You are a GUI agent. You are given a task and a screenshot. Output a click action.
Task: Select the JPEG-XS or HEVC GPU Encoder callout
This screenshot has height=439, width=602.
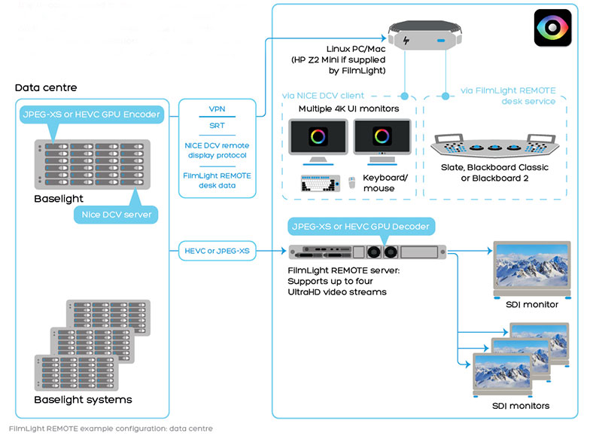tap(91, 114)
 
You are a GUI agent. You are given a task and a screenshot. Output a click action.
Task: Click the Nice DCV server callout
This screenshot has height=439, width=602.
tap(116, 215)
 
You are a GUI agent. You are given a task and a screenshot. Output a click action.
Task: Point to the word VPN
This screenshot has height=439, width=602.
tap(217, 109)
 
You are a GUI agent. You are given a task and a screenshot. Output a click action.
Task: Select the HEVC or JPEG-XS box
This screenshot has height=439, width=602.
tap(218, 250)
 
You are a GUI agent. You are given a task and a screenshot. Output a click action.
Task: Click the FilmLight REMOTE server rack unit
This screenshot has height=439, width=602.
tap(366, 252)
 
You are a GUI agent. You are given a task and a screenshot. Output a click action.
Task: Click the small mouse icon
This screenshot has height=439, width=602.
tap(351, 183)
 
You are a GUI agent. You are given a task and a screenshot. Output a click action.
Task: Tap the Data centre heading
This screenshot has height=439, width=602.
tap(46, 88)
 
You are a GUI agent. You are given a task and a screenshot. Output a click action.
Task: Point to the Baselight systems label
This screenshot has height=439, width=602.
tap(83, 399)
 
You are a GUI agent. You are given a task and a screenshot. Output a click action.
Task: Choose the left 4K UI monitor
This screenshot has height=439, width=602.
tap(318, 140)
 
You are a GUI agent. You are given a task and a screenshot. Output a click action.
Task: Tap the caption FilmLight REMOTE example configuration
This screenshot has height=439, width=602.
tap(110, 428)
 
